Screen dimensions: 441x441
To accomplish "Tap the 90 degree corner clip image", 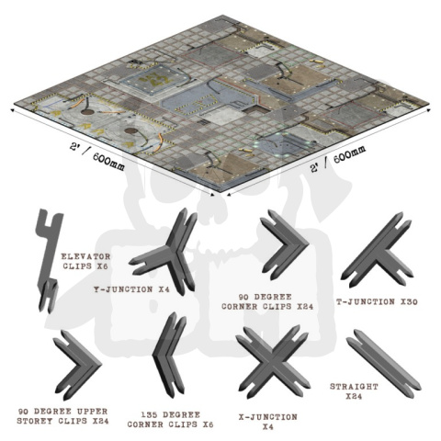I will click(x=285, y=243).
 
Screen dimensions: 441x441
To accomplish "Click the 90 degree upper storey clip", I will click(x=77, y=359).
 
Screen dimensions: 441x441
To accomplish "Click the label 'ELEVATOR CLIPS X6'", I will click(x=85, y=261).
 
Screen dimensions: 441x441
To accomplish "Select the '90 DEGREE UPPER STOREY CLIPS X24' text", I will click(x=62, y=414).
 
